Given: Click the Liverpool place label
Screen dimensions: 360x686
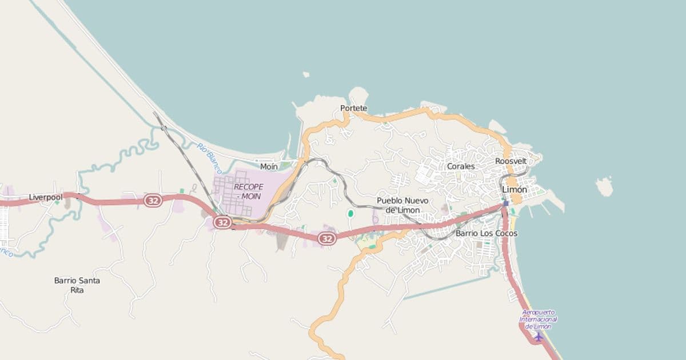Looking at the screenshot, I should click(x=46, y=197).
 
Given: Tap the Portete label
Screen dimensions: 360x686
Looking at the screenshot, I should click(x=353, y=108).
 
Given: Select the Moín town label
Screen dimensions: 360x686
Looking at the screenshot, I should click(x=269, y=167).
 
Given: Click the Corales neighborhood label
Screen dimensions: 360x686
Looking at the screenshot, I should click(x=461, y=166).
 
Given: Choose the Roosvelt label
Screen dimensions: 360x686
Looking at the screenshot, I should click(x=510, y=161).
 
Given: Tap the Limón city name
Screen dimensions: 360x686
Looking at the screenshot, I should click(x=514, y=189).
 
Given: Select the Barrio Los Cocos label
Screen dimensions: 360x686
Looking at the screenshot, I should click(x=486, y=233).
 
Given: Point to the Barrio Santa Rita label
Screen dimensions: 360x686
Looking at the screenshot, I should click(x=77, y=285).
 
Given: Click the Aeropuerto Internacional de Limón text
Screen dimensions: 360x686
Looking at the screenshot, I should click(x=539, y=319).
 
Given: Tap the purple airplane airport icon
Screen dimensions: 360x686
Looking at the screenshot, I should click(x=538, y=337).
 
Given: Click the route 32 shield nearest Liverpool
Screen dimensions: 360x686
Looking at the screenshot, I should click(x=153, y=201).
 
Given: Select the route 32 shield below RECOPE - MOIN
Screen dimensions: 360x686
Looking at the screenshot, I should click(x=223, y=221).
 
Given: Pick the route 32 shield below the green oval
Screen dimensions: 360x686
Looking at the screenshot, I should click(x=326, y=238).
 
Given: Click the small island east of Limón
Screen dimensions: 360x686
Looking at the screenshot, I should click(x=604, y=186).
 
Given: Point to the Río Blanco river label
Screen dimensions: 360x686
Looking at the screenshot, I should click(x=209, y=158).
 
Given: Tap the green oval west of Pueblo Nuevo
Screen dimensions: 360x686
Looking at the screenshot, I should click(x=350, y=214).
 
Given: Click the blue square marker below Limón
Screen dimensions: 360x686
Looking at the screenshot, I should click(x=506, y=203).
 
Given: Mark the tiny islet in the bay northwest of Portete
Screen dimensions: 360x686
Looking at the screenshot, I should click(x=306, y=74).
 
